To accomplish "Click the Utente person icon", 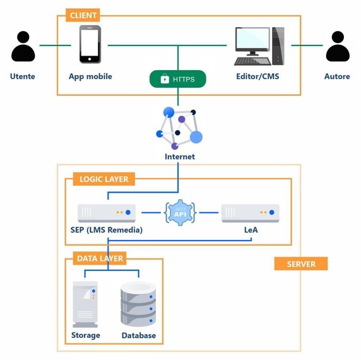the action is (x=23, y=46).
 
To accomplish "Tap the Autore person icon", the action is (x=338, y=46).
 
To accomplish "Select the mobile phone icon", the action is (x=90, y=44).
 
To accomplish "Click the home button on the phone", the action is (x=90, y=59).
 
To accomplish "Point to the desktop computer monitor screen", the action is (x=253, y=39).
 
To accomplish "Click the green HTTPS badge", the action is (x=178, y=79).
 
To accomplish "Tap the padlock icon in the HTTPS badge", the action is (x=165, y=78).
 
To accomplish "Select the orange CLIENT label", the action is (x=83, y=15).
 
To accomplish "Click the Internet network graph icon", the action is (x=179, y=128).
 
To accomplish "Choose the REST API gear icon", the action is (x=180, y=212).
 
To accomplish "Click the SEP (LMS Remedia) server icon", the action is (x=107, y=213).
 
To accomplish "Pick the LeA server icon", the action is (x=251, y=213).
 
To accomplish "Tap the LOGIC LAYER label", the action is (x=104, y=179).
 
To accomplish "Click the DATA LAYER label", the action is (x=100, y=258).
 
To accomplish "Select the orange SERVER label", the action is (x=301, y=264).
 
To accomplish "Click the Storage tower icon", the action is (x=85, y=304).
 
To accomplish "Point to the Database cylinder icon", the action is (x=138, y=304).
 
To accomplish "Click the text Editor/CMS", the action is (x=257, y=76).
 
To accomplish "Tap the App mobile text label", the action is (x=90, y=76).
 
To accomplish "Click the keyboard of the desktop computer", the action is (x=252, y=61).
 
